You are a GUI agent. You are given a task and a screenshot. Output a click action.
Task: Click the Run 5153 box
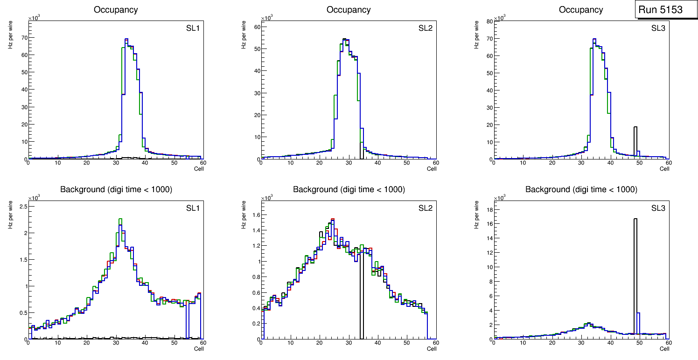667,10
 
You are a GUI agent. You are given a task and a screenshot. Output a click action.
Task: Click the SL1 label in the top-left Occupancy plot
193,28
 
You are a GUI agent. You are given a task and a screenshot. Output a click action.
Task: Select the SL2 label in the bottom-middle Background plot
426,208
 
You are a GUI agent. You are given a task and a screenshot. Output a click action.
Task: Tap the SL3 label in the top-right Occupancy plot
658,28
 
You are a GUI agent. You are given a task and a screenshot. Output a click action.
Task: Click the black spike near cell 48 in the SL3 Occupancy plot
635,140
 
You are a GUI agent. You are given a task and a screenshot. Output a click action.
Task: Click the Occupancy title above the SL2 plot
349,10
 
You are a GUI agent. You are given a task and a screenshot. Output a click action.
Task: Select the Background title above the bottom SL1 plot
116,190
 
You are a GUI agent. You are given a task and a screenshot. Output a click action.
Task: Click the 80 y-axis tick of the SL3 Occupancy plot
489,21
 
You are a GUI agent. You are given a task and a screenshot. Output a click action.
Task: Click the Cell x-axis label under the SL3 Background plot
664,348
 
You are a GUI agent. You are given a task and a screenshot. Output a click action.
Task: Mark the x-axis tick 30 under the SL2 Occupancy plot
349,163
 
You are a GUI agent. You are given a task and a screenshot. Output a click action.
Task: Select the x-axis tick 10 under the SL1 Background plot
57,343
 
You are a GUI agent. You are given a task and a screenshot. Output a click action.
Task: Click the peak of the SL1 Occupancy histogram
126,39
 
